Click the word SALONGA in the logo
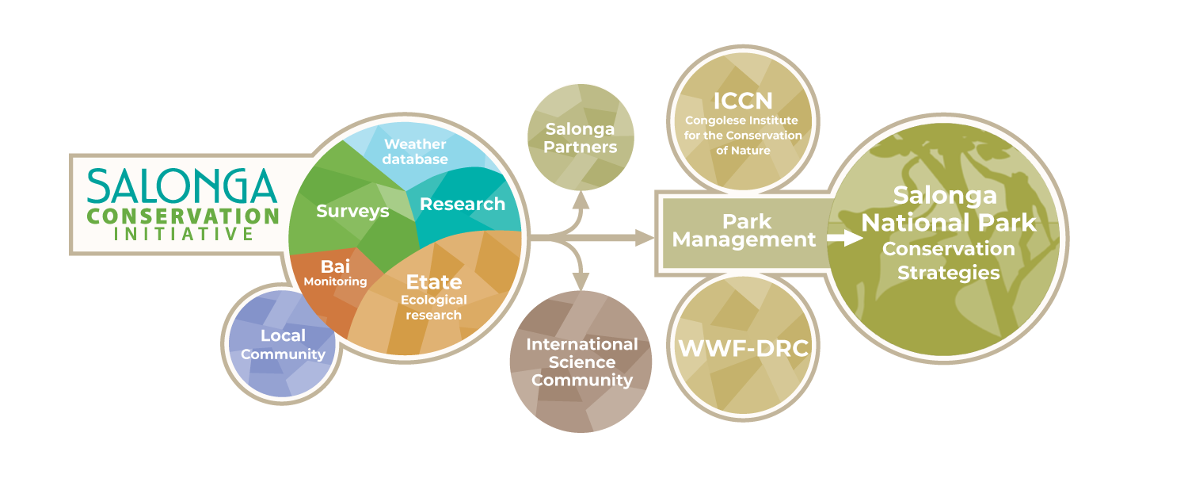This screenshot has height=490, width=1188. click(181, 187)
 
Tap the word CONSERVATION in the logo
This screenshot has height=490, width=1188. click(183, 216)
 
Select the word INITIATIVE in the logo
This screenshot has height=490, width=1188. click(184, 235)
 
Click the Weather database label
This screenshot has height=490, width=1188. click(415, 151)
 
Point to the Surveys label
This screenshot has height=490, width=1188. click(352, 211)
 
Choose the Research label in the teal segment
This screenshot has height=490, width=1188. click(463, 204)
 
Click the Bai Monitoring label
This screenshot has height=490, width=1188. click(335, 272)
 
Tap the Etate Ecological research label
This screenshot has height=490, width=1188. click(433, 297)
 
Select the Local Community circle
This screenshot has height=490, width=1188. click(283, 344)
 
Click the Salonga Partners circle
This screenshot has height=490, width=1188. click(581, 137)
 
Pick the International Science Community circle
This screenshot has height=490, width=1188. click(582, 362)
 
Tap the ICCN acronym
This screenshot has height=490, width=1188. click(742, 101)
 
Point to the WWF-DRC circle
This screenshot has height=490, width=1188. click(743, 347)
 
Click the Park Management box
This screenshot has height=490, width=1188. click(744, 230)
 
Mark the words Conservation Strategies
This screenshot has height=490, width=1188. click(948, 260)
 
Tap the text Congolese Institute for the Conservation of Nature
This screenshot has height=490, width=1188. click(743, 136)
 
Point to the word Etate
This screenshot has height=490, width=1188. click(433, 281)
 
